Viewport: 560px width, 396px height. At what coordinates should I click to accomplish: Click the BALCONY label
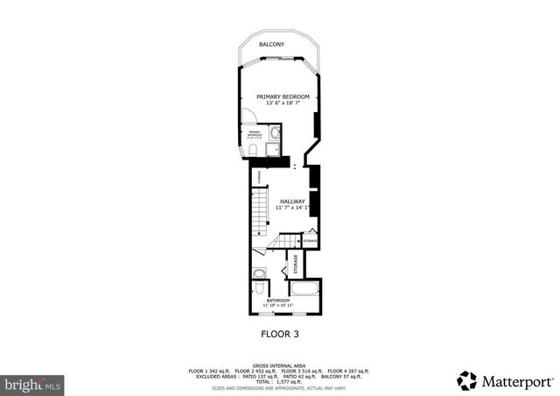click(x=270, y=44)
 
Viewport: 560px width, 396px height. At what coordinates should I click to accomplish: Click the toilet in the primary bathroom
click(x=252, y=151)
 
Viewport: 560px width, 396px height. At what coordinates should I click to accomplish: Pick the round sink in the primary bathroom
click(x=275, y=134)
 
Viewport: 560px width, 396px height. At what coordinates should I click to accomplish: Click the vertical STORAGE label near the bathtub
click(x=295, y=264)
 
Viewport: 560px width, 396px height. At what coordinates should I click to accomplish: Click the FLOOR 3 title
click(x=280, y=334)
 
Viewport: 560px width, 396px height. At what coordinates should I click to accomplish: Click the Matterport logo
click(x=505, y=380)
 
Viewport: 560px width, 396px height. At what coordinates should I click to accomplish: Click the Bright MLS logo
click(x=32, y=384)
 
